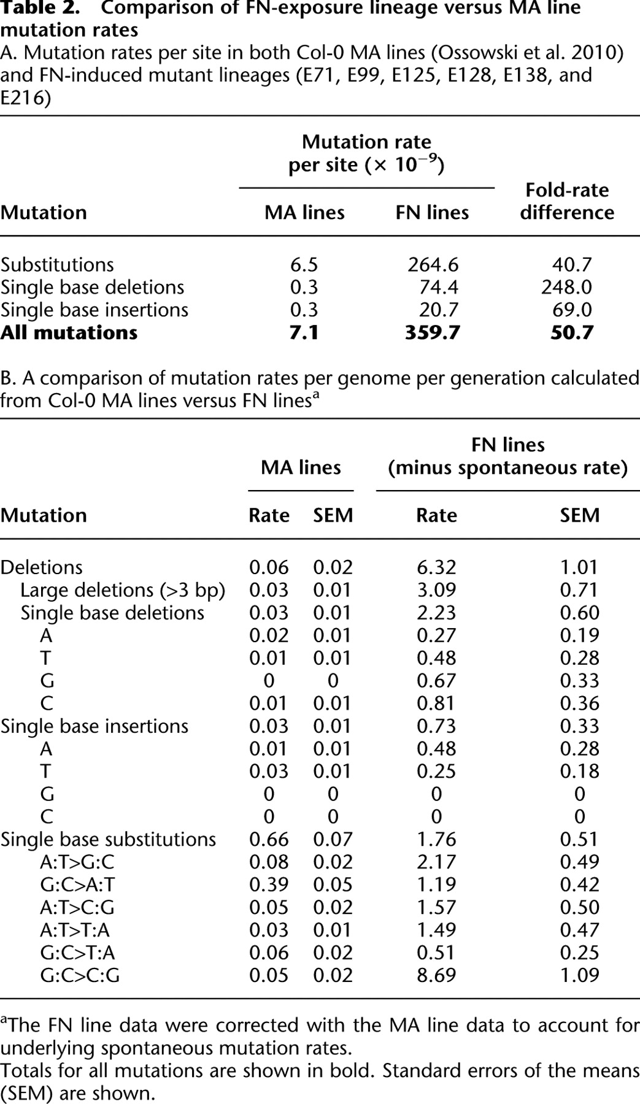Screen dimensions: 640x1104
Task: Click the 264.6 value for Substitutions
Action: (x=433, y=264)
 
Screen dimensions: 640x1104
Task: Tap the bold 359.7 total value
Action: (x=433, y=332)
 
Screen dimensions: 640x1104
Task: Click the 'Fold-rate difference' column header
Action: (x=567, y=201)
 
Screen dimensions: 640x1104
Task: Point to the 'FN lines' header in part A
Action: (x=432, y=212)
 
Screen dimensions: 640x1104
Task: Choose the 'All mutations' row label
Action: (x=69, y=332)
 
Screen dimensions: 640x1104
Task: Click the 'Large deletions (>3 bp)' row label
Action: (x=123, y=590)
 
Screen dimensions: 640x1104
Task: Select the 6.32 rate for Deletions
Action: (x=436, y=567)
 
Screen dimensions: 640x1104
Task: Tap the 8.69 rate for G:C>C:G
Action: (x=436, y=975)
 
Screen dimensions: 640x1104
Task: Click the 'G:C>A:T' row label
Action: (x=77, y=884)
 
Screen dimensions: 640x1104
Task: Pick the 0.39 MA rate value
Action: (x=269, y=884)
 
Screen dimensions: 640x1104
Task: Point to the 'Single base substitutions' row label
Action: (x=108, y=839)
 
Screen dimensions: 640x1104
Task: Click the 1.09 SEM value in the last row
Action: (x=580, y=975)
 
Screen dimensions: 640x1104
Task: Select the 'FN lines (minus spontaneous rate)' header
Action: (x=508, y=456)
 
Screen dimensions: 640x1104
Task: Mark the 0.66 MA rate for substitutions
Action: (x=269, y=839)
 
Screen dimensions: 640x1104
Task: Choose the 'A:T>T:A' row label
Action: (x=75, y=930)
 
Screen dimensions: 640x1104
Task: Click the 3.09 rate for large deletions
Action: (x=436, y=590)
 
